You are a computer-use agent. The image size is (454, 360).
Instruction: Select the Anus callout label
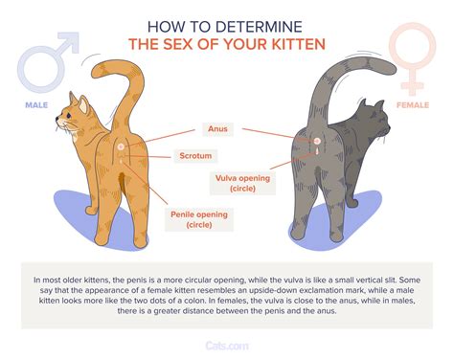[219, 128]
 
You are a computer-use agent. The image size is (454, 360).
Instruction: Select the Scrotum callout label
[219, 154]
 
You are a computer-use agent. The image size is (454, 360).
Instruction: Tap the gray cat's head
[376, 128]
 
